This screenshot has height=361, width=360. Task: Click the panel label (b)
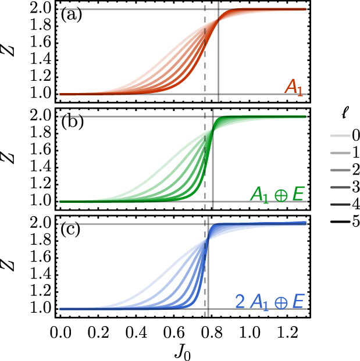coord(72,121)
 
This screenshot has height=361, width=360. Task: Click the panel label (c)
coord(72,229)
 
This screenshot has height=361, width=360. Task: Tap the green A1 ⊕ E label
coord(277,194)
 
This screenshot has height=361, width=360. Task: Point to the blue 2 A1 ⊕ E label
coord(269,301)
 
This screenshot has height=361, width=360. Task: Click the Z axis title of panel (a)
coord(10,51)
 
